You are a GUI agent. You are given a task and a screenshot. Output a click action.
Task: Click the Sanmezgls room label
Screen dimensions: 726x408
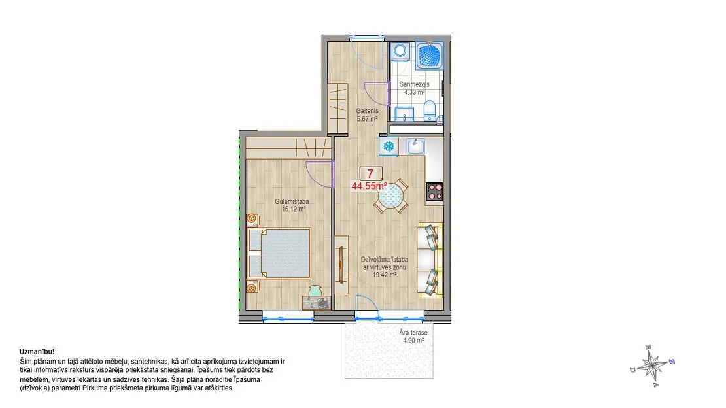pyautogui.click(x=415, y=84)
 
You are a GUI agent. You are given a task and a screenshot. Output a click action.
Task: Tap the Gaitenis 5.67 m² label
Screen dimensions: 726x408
pyautogui.click(x=367, y=115)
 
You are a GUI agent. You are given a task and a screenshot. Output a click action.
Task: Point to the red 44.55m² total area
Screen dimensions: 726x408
pyautogui.click(x=370, y=186)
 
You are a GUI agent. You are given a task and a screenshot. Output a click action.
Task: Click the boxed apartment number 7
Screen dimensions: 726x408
pyautogui.click(x=371, y=174)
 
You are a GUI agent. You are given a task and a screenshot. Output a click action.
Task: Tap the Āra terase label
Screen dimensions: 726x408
pyautogui.click(x=413, y=333)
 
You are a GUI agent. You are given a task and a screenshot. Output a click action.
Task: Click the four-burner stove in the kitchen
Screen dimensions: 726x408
pyautogui.click(x=434, y=192)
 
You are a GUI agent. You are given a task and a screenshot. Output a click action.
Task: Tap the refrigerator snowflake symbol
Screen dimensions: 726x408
pyautogui.click(x=389, y=146)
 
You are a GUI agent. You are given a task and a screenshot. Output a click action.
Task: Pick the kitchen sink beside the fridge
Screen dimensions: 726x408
pyautogui.click(x=416, y=146)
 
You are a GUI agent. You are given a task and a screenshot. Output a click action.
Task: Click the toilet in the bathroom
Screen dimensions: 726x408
pyautogui.click(x=430, y=111)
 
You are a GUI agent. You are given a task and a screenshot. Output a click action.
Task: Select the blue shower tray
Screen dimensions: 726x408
pyautogui.click(x=430, y=56)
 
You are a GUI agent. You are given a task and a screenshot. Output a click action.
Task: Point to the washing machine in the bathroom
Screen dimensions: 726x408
pyautogui.click(x=400, y=52)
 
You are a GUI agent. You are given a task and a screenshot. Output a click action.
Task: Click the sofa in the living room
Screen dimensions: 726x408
pyautogui.click(x=430, y=260)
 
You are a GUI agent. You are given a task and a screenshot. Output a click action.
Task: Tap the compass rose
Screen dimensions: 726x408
pyautogui.click(x=652, y=366)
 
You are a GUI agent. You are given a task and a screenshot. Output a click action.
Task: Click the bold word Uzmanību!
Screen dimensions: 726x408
pyautogui.click(x=37, y=352)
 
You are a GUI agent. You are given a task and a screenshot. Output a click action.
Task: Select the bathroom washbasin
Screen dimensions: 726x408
pyautogui.click(x=404, y=114)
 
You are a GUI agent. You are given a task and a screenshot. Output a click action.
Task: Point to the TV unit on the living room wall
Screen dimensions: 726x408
pyautogui.click(x=341, y=264)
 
